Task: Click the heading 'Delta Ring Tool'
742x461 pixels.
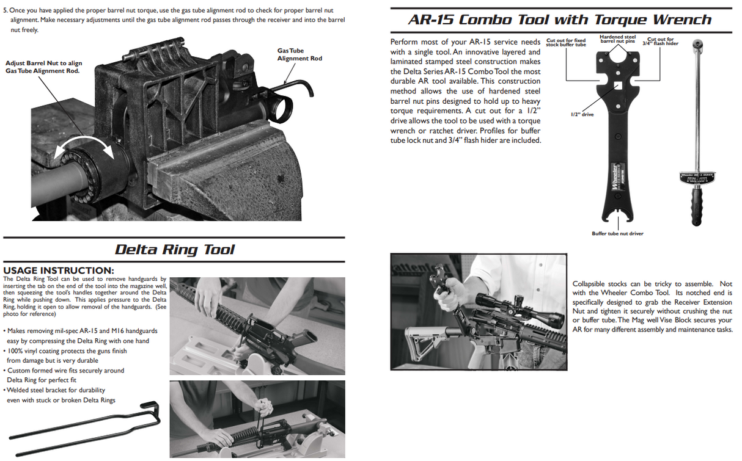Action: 174,250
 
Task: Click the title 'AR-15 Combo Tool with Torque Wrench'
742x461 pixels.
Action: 559,20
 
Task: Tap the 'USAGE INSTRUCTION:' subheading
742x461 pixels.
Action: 59,270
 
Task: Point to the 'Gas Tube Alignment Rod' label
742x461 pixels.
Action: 299,55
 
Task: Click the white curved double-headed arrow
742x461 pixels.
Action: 84,150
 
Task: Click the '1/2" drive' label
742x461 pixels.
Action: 583,114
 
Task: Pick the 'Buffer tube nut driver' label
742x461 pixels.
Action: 617,233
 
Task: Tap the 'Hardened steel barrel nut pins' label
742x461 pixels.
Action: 617,39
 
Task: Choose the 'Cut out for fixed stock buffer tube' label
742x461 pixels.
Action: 565,43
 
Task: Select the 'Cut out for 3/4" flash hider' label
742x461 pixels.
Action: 660,42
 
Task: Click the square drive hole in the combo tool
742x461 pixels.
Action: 619,85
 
